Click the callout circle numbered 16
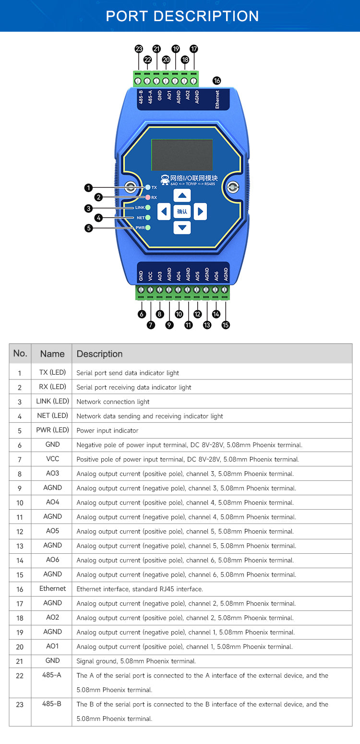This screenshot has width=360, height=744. (x=216, y=81)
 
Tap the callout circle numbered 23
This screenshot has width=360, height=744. (x=139, y=49)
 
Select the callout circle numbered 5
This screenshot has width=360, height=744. (x=88, y=228)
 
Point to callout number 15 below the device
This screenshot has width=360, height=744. (x=226, y=325)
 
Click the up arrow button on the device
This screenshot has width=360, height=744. (x=182, y=195)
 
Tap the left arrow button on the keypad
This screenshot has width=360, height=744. (x=165, y=211)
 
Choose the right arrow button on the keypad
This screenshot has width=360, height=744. (x=200, y=211)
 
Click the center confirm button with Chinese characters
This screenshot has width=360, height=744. (x=182, y=211)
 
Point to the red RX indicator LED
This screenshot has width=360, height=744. (x=148, y=197)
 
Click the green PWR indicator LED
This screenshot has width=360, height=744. (x=148, y=228)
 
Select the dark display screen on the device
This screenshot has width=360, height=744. (x=181, y=155)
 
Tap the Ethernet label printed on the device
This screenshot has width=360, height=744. (x=217, y=99)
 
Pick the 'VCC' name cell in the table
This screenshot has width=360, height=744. (x=52, y=459)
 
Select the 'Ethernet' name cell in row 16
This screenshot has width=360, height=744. (x=52, y=588)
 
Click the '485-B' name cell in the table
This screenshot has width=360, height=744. (x=52, y=704)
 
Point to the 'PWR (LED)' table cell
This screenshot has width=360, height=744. (x=52, y=430)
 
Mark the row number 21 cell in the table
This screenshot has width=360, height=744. (x=20, y=661)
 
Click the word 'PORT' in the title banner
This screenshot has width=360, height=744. (x=126, y=16)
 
